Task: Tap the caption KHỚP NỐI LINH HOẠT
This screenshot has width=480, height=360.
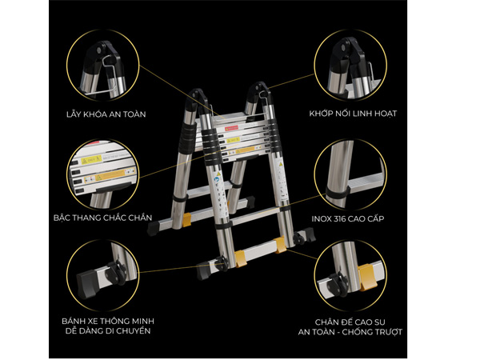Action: [353, 113]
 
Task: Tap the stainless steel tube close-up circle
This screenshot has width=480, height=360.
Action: [353, 173]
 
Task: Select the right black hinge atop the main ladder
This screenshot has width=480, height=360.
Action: [260, 93]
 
